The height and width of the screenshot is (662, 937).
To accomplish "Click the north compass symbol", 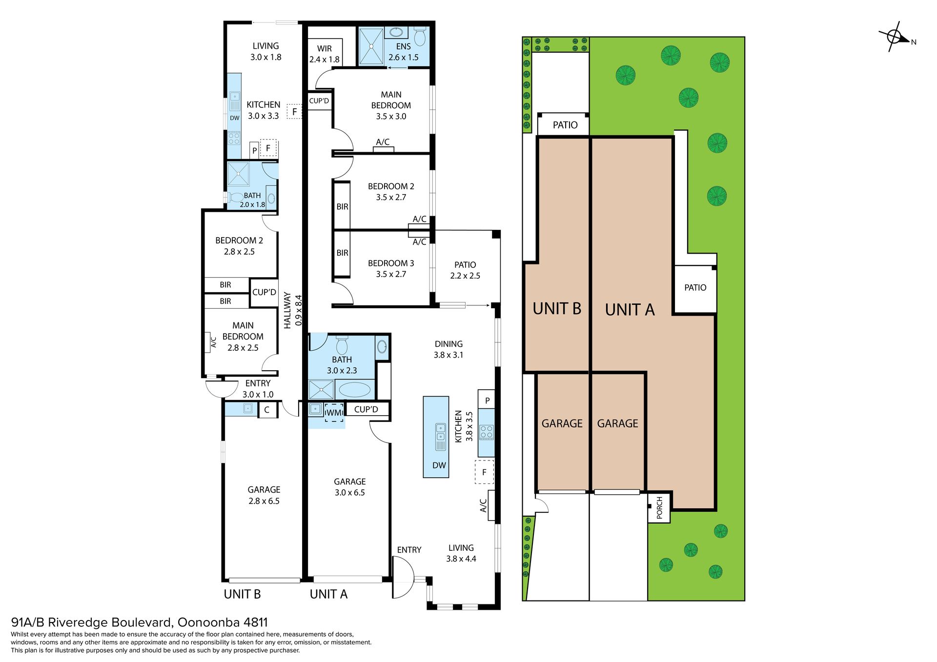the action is click(895, 37).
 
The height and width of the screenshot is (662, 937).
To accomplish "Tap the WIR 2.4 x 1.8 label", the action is click(324, 54).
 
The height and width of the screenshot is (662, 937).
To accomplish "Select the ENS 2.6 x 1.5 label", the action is click(403, 52).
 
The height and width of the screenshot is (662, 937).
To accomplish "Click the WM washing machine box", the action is click(334, 412).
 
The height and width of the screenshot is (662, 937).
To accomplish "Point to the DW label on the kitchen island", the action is click(439, 465).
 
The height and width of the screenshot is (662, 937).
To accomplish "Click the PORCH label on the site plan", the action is click(659, 508).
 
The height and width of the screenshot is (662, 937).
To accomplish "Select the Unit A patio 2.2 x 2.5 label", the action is click(465, 270).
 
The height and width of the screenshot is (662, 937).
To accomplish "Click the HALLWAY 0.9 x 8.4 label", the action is click(293, 310).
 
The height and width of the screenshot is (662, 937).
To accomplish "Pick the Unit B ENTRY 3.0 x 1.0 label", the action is click(258, 389).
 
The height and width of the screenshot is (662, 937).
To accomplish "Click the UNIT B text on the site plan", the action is click(557, 309).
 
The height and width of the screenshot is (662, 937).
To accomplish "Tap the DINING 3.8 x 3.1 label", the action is click(448, 349).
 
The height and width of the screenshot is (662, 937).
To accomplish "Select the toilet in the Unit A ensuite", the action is click(420, 36).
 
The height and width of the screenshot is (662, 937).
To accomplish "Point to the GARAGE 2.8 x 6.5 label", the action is click(264, 495).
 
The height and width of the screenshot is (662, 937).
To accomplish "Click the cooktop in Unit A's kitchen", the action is click(486, 432).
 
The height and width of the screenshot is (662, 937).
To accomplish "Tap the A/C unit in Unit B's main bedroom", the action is click(213, 342).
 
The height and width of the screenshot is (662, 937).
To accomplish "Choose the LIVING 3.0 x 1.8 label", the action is click(265, 51).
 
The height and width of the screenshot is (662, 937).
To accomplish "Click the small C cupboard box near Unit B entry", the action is click(266, 410).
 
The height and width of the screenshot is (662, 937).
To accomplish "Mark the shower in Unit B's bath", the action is click(239, 174).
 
